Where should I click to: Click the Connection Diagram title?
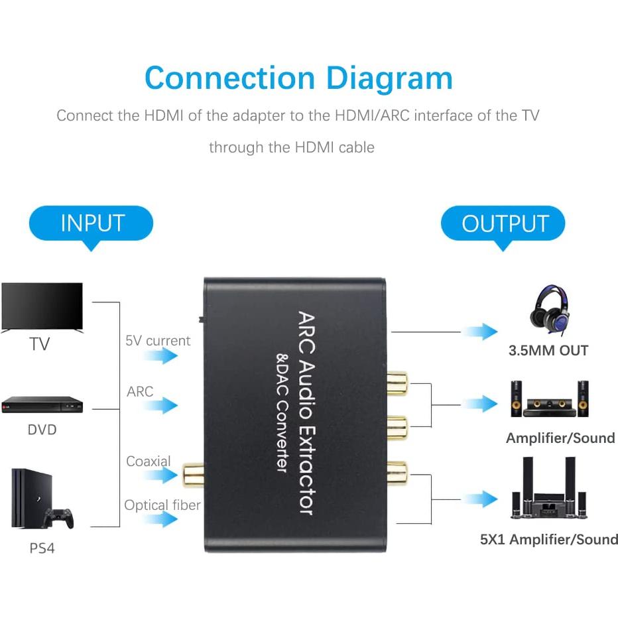tap(298, 78)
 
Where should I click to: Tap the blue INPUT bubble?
tap(92, 223)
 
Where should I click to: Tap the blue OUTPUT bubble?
tap(505, 223)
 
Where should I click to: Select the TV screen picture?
tap(42, 307)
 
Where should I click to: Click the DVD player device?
tap(42, 404)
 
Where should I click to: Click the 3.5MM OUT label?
tap(548, 351)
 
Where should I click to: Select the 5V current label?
tap(158, 341)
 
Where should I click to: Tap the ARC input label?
tap(140, 392)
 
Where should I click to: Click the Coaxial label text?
tap(149, 461)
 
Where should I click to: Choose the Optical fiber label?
tap(162, 505)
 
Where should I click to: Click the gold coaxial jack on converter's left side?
tap(190, 474)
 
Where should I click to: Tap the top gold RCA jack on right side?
tap(398, 383)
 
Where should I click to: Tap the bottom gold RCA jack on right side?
tap(398, 471)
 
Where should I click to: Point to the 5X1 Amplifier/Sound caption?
tap(548, 540)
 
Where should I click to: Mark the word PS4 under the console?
tap(42, 550)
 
